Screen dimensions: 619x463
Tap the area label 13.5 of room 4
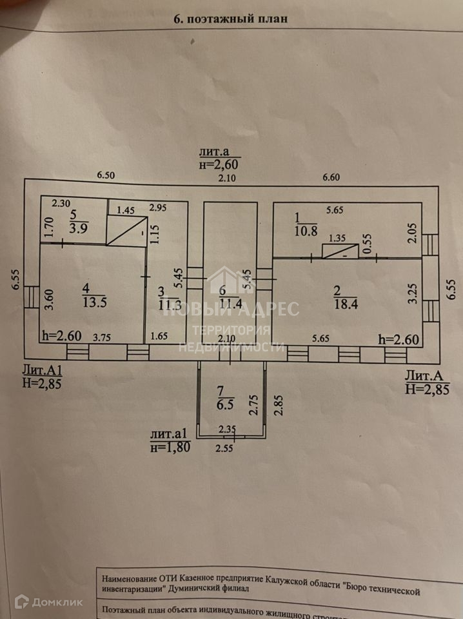point(94,301)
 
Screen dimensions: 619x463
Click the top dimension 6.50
point(106,175)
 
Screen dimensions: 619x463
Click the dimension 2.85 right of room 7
point(279,407)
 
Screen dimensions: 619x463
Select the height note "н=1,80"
point(170,447)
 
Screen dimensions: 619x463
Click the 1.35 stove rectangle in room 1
point(339,251)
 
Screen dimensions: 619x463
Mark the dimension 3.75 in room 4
point(103,336)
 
